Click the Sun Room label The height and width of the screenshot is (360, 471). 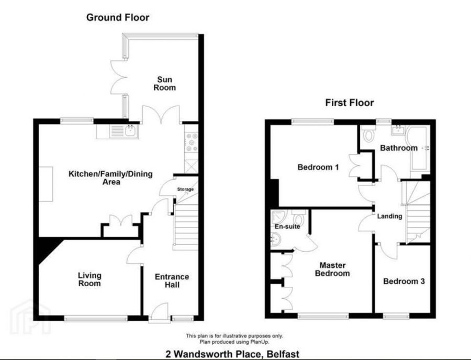(x=163, y=84)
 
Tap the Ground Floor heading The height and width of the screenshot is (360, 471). (x=118, y=18)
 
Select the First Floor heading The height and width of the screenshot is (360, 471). (x=350, y=103)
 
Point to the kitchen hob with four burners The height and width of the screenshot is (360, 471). (x=192, y=142)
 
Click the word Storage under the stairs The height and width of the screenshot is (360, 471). (x=185, y=189)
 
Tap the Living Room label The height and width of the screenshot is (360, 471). (x=89, y=279)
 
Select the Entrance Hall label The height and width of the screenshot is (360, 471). (x=172, y=281)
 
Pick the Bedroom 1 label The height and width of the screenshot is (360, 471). (x=318, y=167)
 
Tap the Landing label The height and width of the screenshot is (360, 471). (x=390, y=216)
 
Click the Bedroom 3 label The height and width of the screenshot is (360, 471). (x=403, y=281)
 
